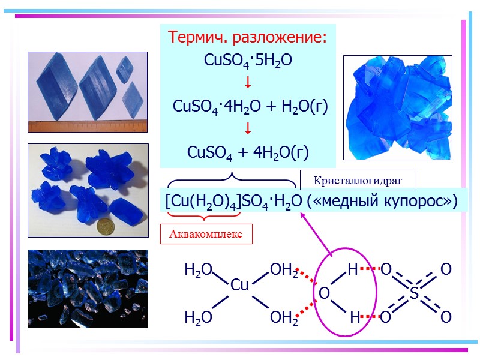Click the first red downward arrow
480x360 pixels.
(248, 83)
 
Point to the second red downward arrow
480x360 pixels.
(248, 130)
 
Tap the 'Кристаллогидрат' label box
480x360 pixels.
(358, 179)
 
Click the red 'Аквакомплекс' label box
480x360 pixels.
(206, 234)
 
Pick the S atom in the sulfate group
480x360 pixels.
(414, 293)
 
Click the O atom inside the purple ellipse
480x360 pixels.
(324, 293)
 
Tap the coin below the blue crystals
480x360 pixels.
(106, 227)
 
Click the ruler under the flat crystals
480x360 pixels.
(88, 127)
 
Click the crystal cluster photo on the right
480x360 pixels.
(397, 107)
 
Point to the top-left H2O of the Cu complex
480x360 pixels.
(198, 271)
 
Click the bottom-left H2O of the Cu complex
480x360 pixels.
(198, 317)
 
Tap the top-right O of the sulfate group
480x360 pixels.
(446, 270)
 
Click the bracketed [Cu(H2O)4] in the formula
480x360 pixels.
(203, 202)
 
